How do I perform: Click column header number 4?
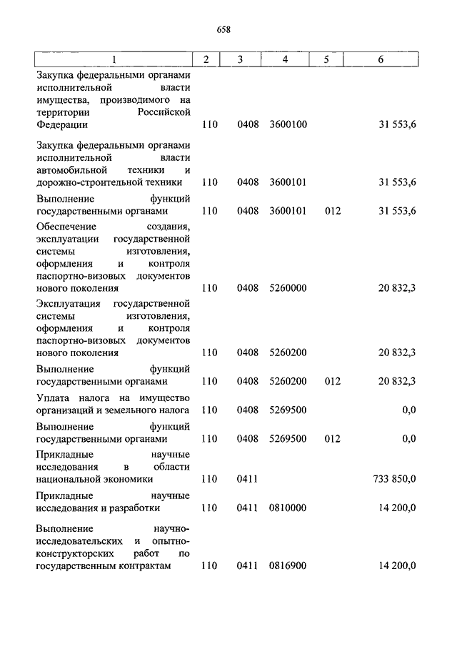click(x=285, y=59)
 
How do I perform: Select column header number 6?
click(x=381, y=59)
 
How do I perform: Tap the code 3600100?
click(x=288, y=124)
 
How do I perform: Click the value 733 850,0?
click(x=395, y=479)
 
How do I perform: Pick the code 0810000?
click(x=288, y=508)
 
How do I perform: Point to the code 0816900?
click(x=288, y=565)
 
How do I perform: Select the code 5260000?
click(x=288, y=288)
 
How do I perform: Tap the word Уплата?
click(x=52, y=397)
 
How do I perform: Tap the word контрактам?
click(x=148, y=565)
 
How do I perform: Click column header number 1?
click(x=114, y=59)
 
